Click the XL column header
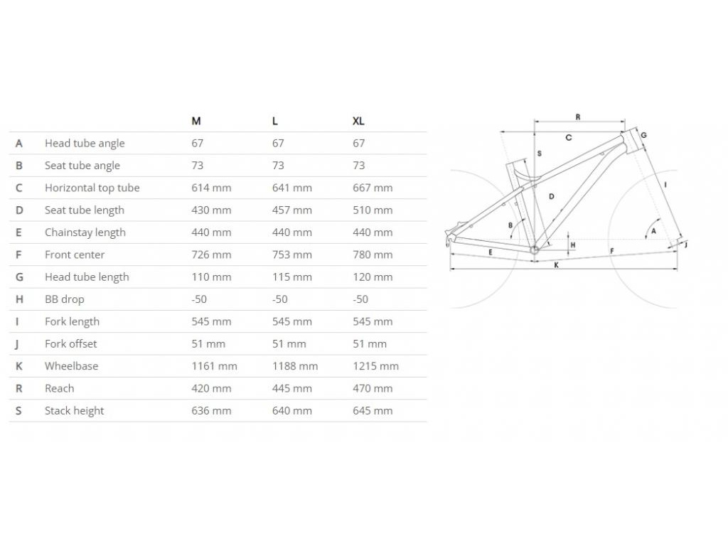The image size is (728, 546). click(x=358, y=121)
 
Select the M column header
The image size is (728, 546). click(x=196, y=121)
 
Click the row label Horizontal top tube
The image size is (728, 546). click(x=92, y=188)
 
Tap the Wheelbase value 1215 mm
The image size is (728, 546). click(x=375, y=366)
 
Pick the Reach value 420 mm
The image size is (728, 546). click(x=211, y=388)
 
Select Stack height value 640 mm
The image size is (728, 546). click(x=291, y=410)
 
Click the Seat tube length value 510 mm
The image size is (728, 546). click(x=373, y=210)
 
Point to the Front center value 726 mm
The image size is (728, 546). click(x=211, y=255)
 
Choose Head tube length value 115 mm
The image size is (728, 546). click(x=291, y=277)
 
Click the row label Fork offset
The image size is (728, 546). click(x=70, y=343)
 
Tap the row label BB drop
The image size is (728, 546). click(x=64, y=299)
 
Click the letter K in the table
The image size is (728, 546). click(x=19, y=366)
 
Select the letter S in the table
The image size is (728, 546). click(x=19, y=410)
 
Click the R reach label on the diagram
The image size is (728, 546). click(x=578, y=117)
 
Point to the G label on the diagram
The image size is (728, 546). click(x=643, y=135)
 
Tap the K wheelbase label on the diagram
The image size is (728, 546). click(x=556, y=265)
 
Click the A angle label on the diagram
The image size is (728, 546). click(x=653, y=232)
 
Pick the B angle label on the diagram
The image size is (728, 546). click(x=510, y=225)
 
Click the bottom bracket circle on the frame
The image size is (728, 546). click(x=535, y=249)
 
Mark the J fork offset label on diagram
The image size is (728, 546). click(x=686, y=245)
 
